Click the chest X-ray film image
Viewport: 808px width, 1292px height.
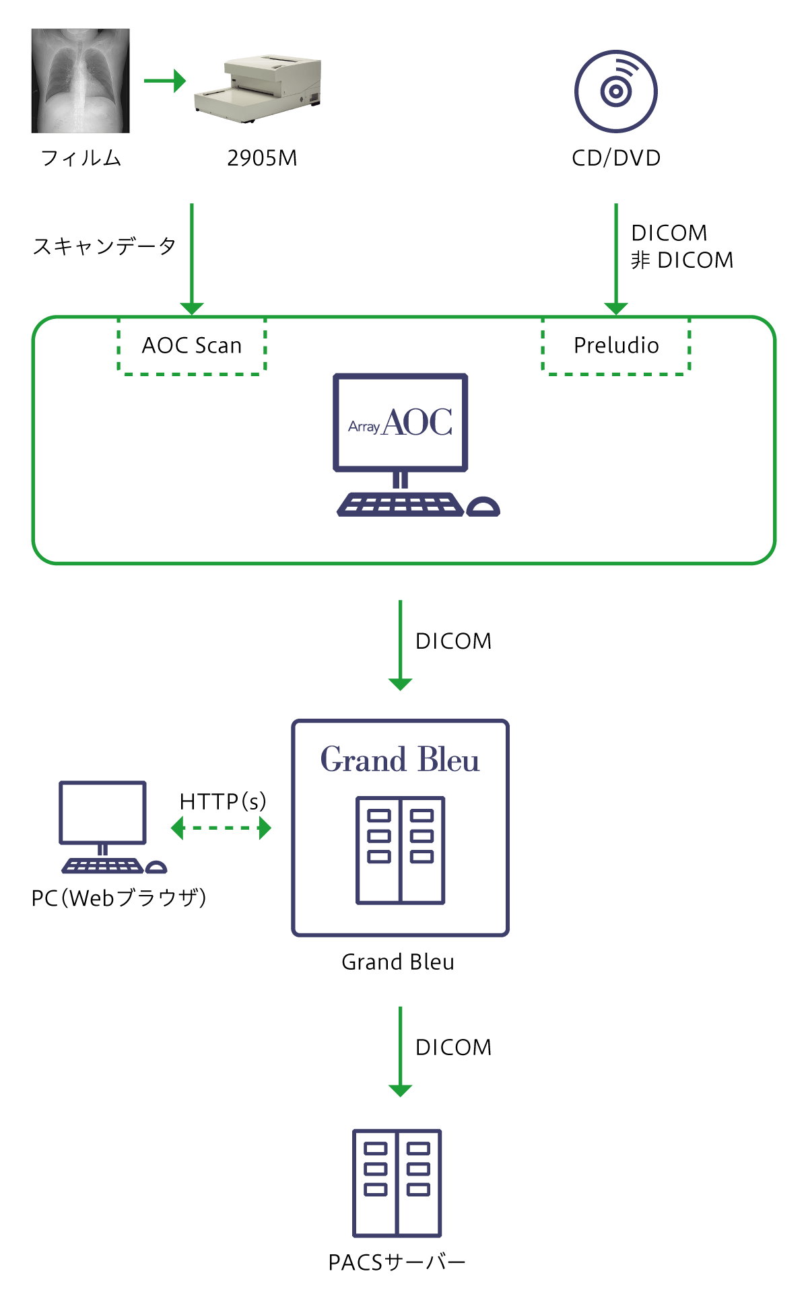pos(80,81)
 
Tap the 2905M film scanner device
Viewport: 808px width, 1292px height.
pos(258,88)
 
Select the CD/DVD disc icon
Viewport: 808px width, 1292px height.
pos(615,91)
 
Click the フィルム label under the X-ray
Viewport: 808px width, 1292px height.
pos(81,158)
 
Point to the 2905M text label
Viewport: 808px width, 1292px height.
pos(262,158)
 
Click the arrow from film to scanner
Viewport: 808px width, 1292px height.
pos(165,81)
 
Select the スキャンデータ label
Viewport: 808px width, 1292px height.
pos(104,246)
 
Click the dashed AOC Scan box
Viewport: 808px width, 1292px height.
pos(192,345)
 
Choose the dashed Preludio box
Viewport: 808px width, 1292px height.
pos(616,345)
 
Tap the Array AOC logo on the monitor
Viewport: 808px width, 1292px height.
pos(401,423)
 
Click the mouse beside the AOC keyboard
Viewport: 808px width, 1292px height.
pos(483,507)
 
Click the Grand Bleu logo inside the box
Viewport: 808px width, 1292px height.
pos(400,760)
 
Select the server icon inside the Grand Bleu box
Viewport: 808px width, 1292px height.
pos(401,851)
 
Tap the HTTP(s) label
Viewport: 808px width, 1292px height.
pos(223,801)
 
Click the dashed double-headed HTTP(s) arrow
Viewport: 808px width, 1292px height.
pos(222,828)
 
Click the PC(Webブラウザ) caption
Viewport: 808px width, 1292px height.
pos(119,898)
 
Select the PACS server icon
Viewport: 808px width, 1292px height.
pos(397,1182)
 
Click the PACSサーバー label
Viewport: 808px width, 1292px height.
pos(397,1262)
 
